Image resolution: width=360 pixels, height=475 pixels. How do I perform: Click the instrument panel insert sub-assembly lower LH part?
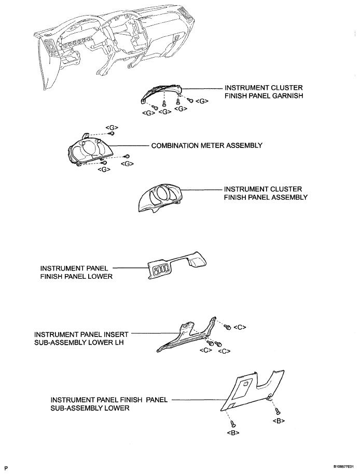pos(187,335)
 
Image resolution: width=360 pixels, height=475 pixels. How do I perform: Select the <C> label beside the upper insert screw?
pos(240,327)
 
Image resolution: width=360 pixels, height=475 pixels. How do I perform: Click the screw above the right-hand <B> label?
pos(277,411)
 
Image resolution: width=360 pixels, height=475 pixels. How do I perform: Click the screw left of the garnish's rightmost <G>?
pos(190,100)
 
